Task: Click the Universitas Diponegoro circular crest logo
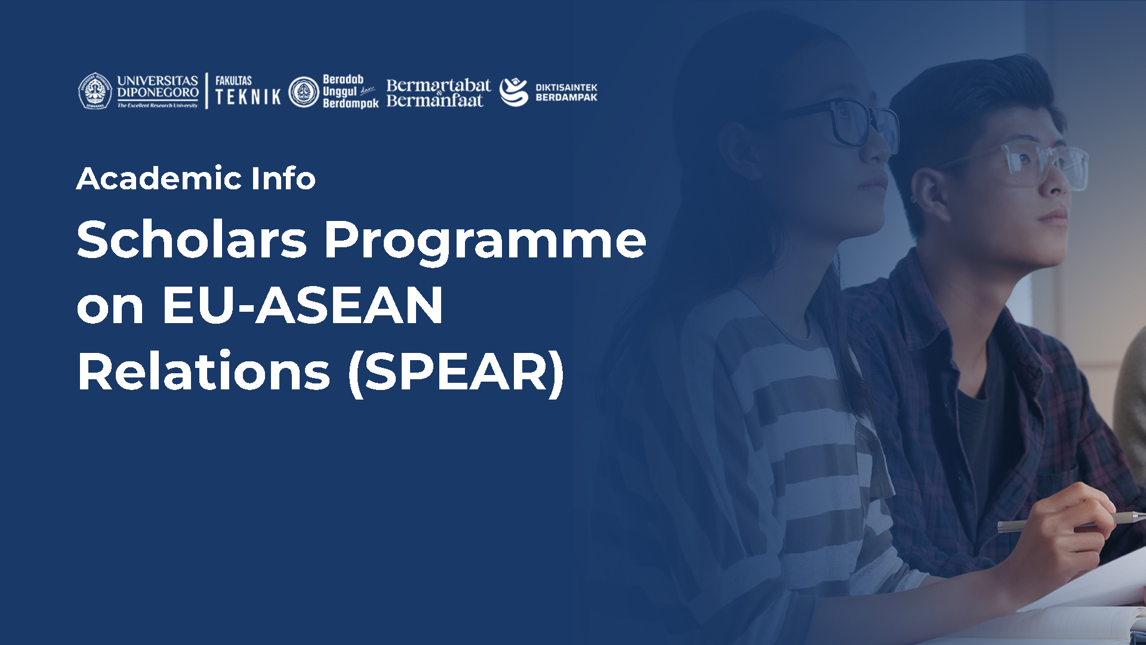[x=95, y=91]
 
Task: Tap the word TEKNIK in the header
[x=248, y=97]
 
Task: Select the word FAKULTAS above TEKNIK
[x=233, y=81]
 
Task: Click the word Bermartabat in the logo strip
[x=439, y=85]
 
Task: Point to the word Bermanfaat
[x=435, y=100]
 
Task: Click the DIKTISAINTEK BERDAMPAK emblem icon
[x=514, y=92]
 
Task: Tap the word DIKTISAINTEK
[x=566, y=87]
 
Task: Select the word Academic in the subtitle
[x=158, y=179]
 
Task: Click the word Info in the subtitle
[x=284, y=179]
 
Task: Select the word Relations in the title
[x=204, y=371]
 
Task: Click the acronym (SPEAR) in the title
[x=457, y=373]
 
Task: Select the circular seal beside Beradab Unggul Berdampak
[x=304, y=92]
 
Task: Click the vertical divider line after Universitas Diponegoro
[x=207, y=91]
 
